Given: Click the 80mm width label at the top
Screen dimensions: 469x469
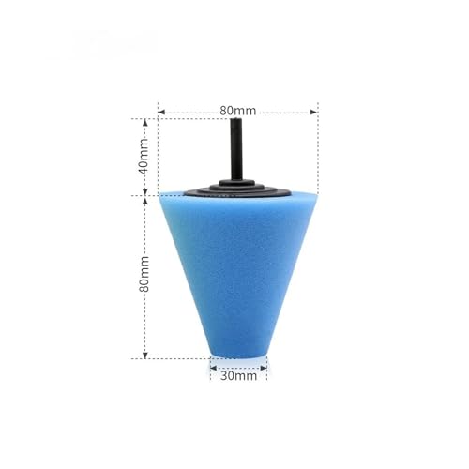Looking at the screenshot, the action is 237,111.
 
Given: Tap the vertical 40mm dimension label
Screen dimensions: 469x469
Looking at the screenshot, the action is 144,157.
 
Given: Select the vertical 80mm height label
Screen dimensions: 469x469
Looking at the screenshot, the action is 144,274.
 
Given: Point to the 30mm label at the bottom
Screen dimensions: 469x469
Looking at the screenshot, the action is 238,375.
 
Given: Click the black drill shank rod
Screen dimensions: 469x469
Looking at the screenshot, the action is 236,149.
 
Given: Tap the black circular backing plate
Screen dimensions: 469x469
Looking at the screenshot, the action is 237,190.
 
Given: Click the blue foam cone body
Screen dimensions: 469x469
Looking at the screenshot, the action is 238,272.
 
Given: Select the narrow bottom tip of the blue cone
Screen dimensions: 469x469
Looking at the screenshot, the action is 238,355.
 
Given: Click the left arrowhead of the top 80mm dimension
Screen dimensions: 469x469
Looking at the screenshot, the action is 161,112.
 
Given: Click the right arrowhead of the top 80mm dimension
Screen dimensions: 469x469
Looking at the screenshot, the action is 313,112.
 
